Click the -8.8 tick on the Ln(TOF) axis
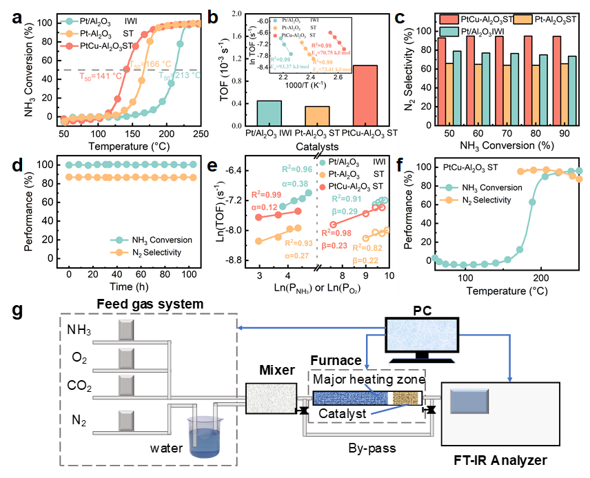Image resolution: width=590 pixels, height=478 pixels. pyautogui.click(x=234, y=260)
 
